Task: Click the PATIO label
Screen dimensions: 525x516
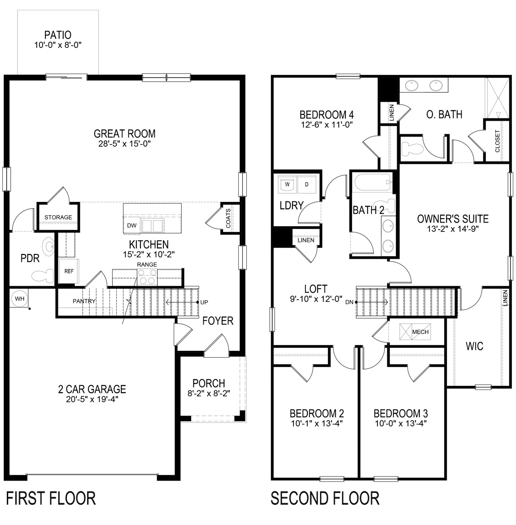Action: [x=57, y=35]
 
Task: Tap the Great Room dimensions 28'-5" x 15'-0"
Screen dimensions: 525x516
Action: [x=124, y=144]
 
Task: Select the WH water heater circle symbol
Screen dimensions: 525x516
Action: [x=19, y=298]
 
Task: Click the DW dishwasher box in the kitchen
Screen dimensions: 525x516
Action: [x=132, y=225]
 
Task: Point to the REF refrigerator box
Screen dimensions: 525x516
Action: [x=68, y=271]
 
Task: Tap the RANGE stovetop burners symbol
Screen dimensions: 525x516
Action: [x=147, y=278]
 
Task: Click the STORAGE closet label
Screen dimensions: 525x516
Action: [x=58, y=217]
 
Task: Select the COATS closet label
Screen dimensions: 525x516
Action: [x=228, y=219]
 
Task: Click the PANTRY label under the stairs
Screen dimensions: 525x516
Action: [x=84, y=301]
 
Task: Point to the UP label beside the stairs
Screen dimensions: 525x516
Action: [x=204, y=302]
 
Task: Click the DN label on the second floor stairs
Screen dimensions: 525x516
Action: [x=350, y=302]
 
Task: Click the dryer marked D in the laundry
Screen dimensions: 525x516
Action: [x=307, y=184]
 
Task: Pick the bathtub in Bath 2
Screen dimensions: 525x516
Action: [x=372, y=184]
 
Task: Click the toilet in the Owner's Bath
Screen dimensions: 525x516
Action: [x=410, y=147]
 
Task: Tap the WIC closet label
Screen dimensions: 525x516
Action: [x=474, y=346]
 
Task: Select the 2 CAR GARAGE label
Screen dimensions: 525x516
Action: [x=92, y=389]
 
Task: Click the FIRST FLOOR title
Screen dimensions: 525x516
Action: [x=51, y=499]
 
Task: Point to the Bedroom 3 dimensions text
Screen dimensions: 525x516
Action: [x=400, y=423]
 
